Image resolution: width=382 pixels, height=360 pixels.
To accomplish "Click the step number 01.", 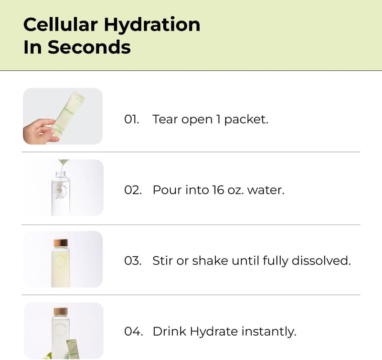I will pyautogui.click(x=131, y=119).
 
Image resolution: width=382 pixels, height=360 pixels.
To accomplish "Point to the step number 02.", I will pyautogui.click(x=132, y=190).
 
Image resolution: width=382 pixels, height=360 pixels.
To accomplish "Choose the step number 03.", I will pyautogui.click(x=132, y=261).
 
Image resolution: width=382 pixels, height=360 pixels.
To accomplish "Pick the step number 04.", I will pyautogui.click(x=132, y=331).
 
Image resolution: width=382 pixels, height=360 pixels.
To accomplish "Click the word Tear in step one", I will pyautogui.click(x=165, y=119).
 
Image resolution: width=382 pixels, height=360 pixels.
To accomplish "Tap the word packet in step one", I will pyautogui.click(x=246, y=120).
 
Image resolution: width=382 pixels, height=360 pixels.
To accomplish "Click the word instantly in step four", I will pyautogui.click(x=269, y=331).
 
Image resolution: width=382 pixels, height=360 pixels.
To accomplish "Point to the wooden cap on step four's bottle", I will pyautogui.click(x=61, y=312).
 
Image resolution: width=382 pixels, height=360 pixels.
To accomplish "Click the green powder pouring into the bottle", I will pyautogui.click(x=63, y=163).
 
